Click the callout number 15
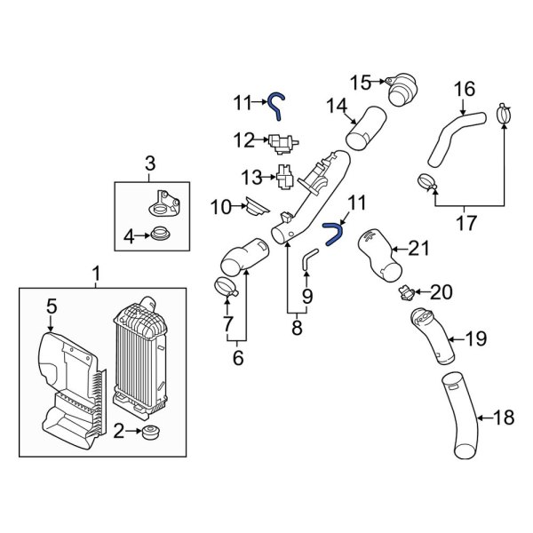[359, 83]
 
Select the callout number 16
[465, 89]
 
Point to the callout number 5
[52, 306]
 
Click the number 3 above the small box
[149, 163]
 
